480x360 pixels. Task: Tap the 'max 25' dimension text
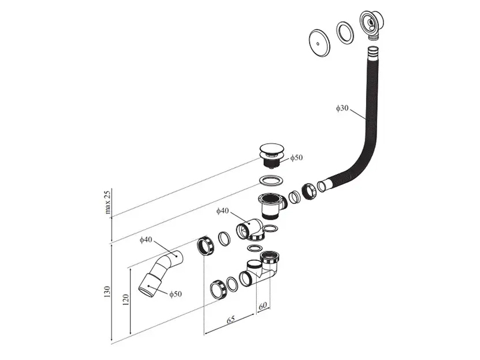click(108, 202)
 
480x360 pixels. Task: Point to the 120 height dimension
click(126, 301)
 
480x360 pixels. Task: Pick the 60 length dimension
click(263, 306)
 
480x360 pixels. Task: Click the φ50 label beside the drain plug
click(296, 158)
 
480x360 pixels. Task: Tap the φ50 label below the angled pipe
click(175, 294)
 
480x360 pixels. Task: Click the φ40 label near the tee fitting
click(223, 211)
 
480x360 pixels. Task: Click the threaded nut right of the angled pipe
click(205, 246)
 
